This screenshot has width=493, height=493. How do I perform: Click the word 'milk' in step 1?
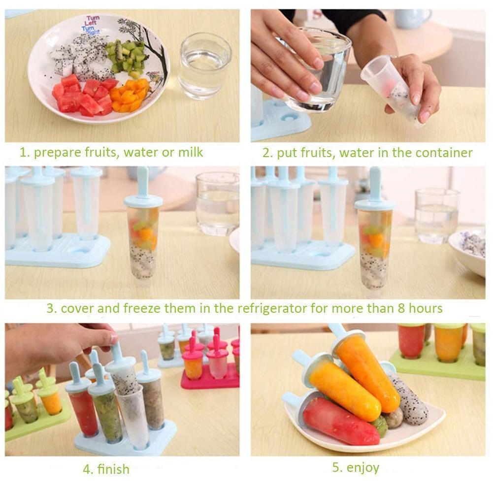(x=190, y=152)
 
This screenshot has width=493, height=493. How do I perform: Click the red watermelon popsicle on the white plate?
(x=340, y=421)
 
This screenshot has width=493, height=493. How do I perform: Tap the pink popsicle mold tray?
(x=212, y=377)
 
